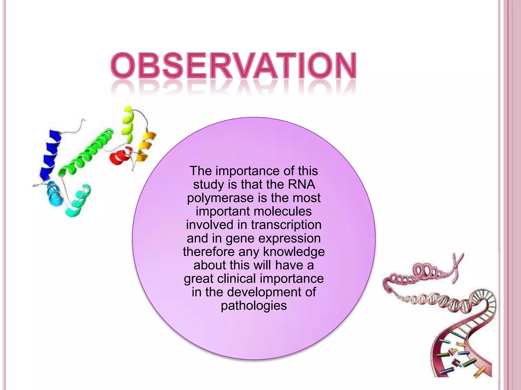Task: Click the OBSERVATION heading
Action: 233,66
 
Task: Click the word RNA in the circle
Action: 301,184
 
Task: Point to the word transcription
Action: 286,225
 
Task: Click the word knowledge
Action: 294,252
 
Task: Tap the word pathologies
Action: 254,306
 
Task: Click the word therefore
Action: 209,252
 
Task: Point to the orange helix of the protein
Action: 146,147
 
